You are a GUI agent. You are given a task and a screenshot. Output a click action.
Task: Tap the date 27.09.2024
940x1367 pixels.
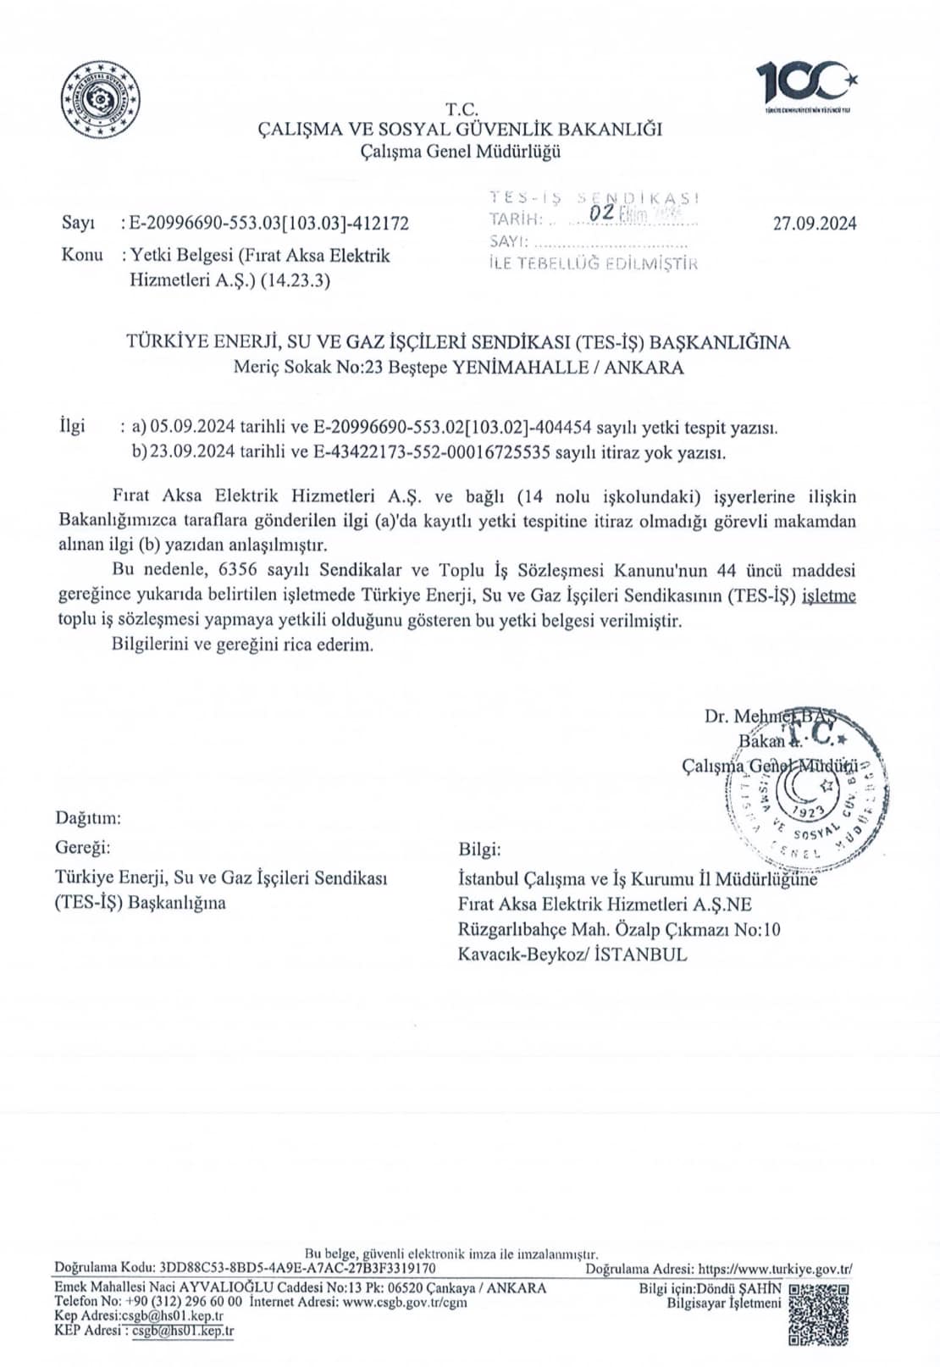click(x=815, y=224)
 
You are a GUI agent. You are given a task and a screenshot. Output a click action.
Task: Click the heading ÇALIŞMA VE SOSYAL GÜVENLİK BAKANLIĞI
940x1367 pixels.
click(x=461, y=130)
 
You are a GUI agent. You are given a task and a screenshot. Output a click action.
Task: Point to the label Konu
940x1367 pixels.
click(x=82, y=255)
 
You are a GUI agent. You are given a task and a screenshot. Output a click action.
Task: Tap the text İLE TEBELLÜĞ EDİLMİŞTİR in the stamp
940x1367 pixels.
click(x=593, y=263)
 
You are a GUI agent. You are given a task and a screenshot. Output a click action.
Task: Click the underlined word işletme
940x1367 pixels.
click(x=829, y=596)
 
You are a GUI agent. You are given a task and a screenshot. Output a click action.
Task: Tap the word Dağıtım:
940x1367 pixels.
click(x=88, y=818)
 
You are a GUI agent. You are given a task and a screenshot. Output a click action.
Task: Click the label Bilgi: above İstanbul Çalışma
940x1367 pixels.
click(x=479, y=850)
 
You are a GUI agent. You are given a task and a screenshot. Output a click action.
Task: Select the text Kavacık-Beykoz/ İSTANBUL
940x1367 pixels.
click(x=572, y=955)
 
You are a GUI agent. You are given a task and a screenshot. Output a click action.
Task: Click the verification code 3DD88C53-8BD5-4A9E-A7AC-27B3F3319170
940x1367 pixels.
click(x=297, y=1269)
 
